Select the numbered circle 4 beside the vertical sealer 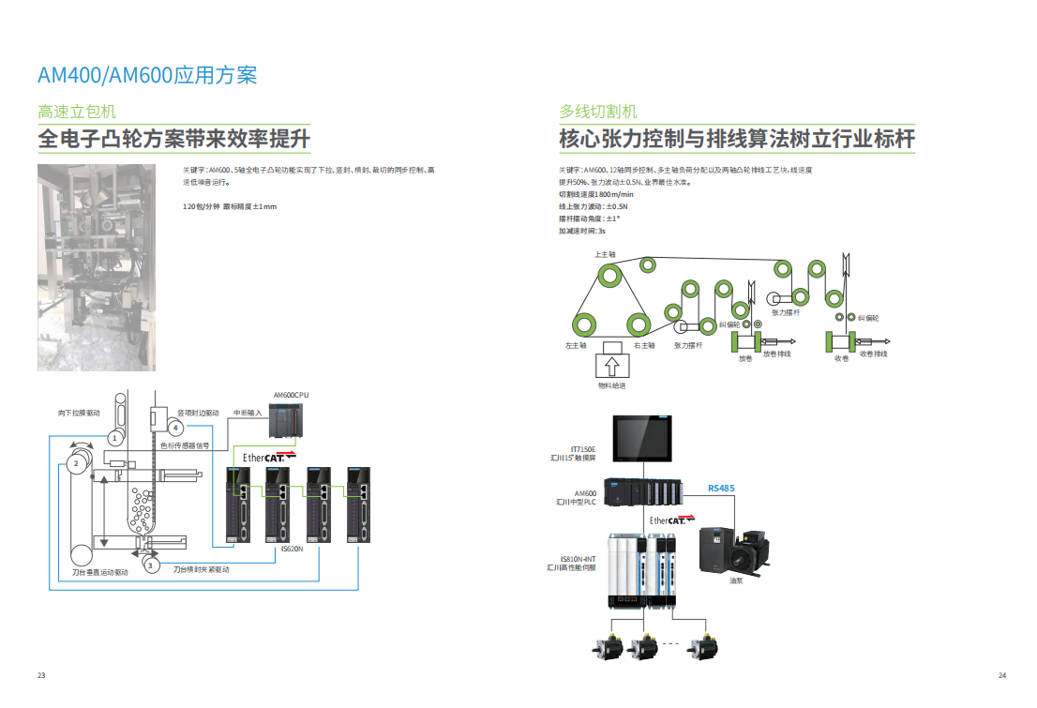(x=174, y=428)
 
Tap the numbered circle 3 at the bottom (x=149, y=565)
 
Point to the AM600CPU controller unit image (x=285, y=420)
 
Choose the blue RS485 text (x=721, y=488)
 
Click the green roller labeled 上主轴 (x=610, y=276)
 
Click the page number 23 (x=40, y=675)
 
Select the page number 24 (x=1001, y=675)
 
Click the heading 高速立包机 (x=76, y=112)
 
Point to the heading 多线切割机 (x=598, y=112)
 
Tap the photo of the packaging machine (x=96, y=267)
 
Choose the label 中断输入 (x=248, y=412)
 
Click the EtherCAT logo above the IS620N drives (x=269, y=457)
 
